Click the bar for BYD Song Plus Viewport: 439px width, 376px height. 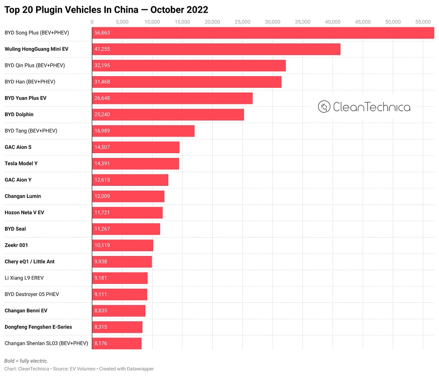[x=263, y=33]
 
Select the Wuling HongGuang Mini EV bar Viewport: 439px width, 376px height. [x=216, y=49]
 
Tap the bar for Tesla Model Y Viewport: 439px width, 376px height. [x=136, y=163]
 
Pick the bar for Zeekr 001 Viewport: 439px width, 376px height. [x=122, y=245]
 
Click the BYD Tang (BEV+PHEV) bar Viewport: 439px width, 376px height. [x=143, y=131]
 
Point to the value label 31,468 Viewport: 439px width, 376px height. [x=102, y=82]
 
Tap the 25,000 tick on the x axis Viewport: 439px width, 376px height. [x=243, y=21]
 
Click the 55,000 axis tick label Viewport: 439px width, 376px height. [x=423, y=21]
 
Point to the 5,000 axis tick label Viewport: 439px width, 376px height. [x=122, y=21]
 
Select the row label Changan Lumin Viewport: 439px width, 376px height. [x=23, y=197]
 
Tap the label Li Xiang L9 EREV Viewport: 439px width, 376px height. [x=24, y=278]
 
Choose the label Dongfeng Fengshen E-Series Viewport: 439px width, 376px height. [x=38, y=327]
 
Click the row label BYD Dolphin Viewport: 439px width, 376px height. [x=19, y=115]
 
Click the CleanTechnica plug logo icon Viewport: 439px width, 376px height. [x=324, y=107]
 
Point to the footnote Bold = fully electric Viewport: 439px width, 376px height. [x=26, y=361]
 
